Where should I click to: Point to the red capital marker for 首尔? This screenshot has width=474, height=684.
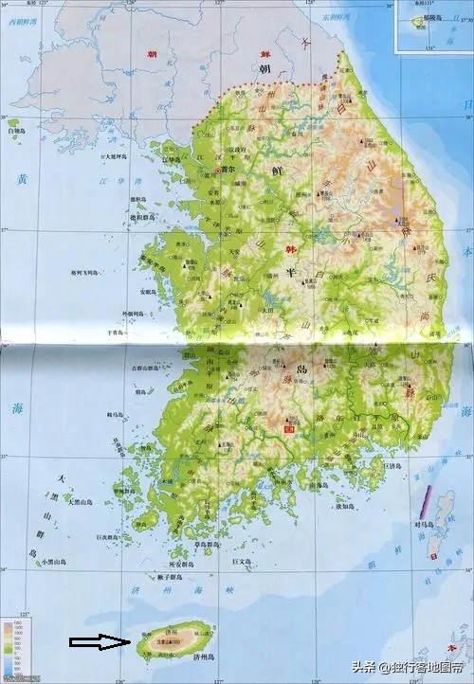(218, 171)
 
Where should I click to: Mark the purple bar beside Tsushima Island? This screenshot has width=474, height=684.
(428, 501)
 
